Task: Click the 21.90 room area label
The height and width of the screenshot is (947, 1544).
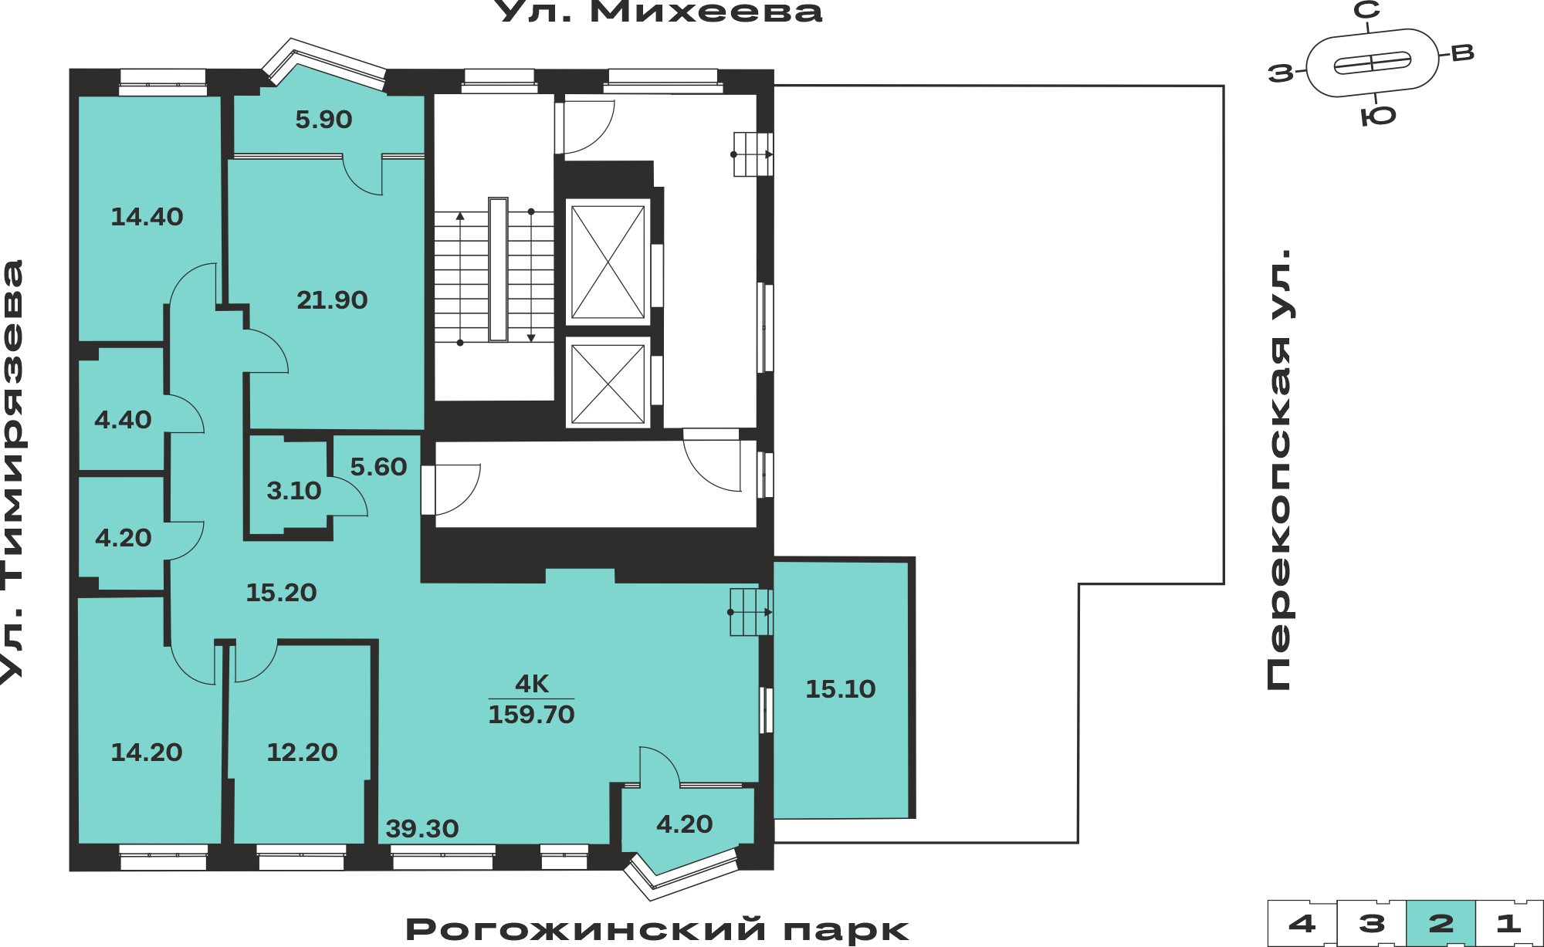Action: [332, 299]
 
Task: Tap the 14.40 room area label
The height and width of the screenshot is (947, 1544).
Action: [147, 217]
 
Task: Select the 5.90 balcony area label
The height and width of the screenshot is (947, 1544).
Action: [323, 120]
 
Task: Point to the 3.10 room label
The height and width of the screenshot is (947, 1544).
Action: [293, 491]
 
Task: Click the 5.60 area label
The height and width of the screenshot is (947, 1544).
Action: [378, 467]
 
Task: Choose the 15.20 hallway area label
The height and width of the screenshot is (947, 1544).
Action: [281, 593]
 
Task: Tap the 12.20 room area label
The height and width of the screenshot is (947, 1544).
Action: [302, 753]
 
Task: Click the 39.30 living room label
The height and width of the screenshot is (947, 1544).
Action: [422, 829]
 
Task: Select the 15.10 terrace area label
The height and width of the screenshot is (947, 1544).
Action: [841, 689]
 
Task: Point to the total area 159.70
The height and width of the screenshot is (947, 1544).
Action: [531, 715]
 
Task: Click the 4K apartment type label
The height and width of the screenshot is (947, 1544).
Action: [532, 684]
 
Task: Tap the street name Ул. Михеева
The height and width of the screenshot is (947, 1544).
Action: [659, 12]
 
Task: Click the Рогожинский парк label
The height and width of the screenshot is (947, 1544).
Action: [657, 930]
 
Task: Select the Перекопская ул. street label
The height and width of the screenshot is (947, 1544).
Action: [1279, 469]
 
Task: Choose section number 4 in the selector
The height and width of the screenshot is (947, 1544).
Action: [1302, 923]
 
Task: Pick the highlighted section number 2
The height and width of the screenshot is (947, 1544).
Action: [1441, 923]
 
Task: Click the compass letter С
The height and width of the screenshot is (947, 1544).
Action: [1367, 10]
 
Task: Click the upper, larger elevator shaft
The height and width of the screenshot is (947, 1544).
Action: [608, 262]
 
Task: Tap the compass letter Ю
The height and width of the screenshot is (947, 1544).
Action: [1378, 117]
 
